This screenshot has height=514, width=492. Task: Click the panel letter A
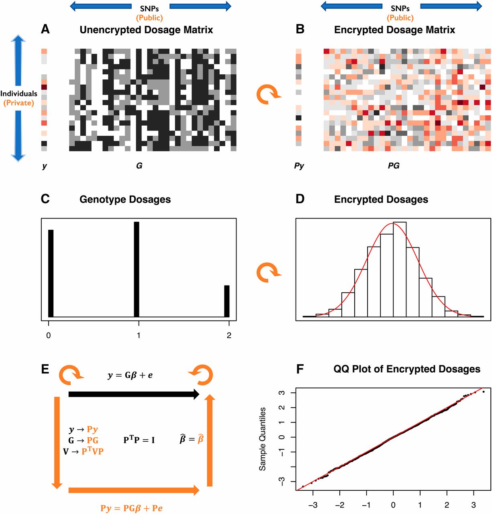pos(45,29)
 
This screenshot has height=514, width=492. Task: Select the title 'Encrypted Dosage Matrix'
pos(394,30)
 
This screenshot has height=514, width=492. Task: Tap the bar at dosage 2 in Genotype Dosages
pos(227,301)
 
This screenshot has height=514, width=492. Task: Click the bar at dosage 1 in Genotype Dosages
pos(137,269)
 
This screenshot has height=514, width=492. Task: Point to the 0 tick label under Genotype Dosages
pos(49,335)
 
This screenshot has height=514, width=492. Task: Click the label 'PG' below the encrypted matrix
pos(394,165)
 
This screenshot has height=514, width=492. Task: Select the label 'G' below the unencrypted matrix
pos(139,165)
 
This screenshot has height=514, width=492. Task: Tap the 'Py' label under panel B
pos(299,165)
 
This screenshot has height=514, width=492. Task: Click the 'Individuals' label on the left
pos(19,94)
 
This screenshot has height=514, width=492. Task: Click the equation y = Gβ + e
pos(130,375)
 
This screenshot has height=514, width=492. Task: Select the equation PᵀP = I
pos(139,440)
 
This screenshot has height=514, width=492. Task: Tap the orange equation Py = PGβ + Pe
pos(131,508)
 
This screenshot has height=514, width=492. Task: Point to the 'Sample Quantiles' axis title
pos(262,439)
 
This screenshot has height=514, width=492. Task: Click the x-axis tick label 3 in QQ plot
pos(474,505)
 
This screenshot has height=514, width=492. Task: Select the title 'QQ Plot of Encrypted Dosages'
pos(407,369)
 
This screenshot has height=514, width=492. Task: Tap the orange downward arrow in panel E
pos(57,442)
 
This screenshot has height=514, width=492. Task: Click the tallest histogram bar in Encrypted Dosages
pos(400,269)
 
